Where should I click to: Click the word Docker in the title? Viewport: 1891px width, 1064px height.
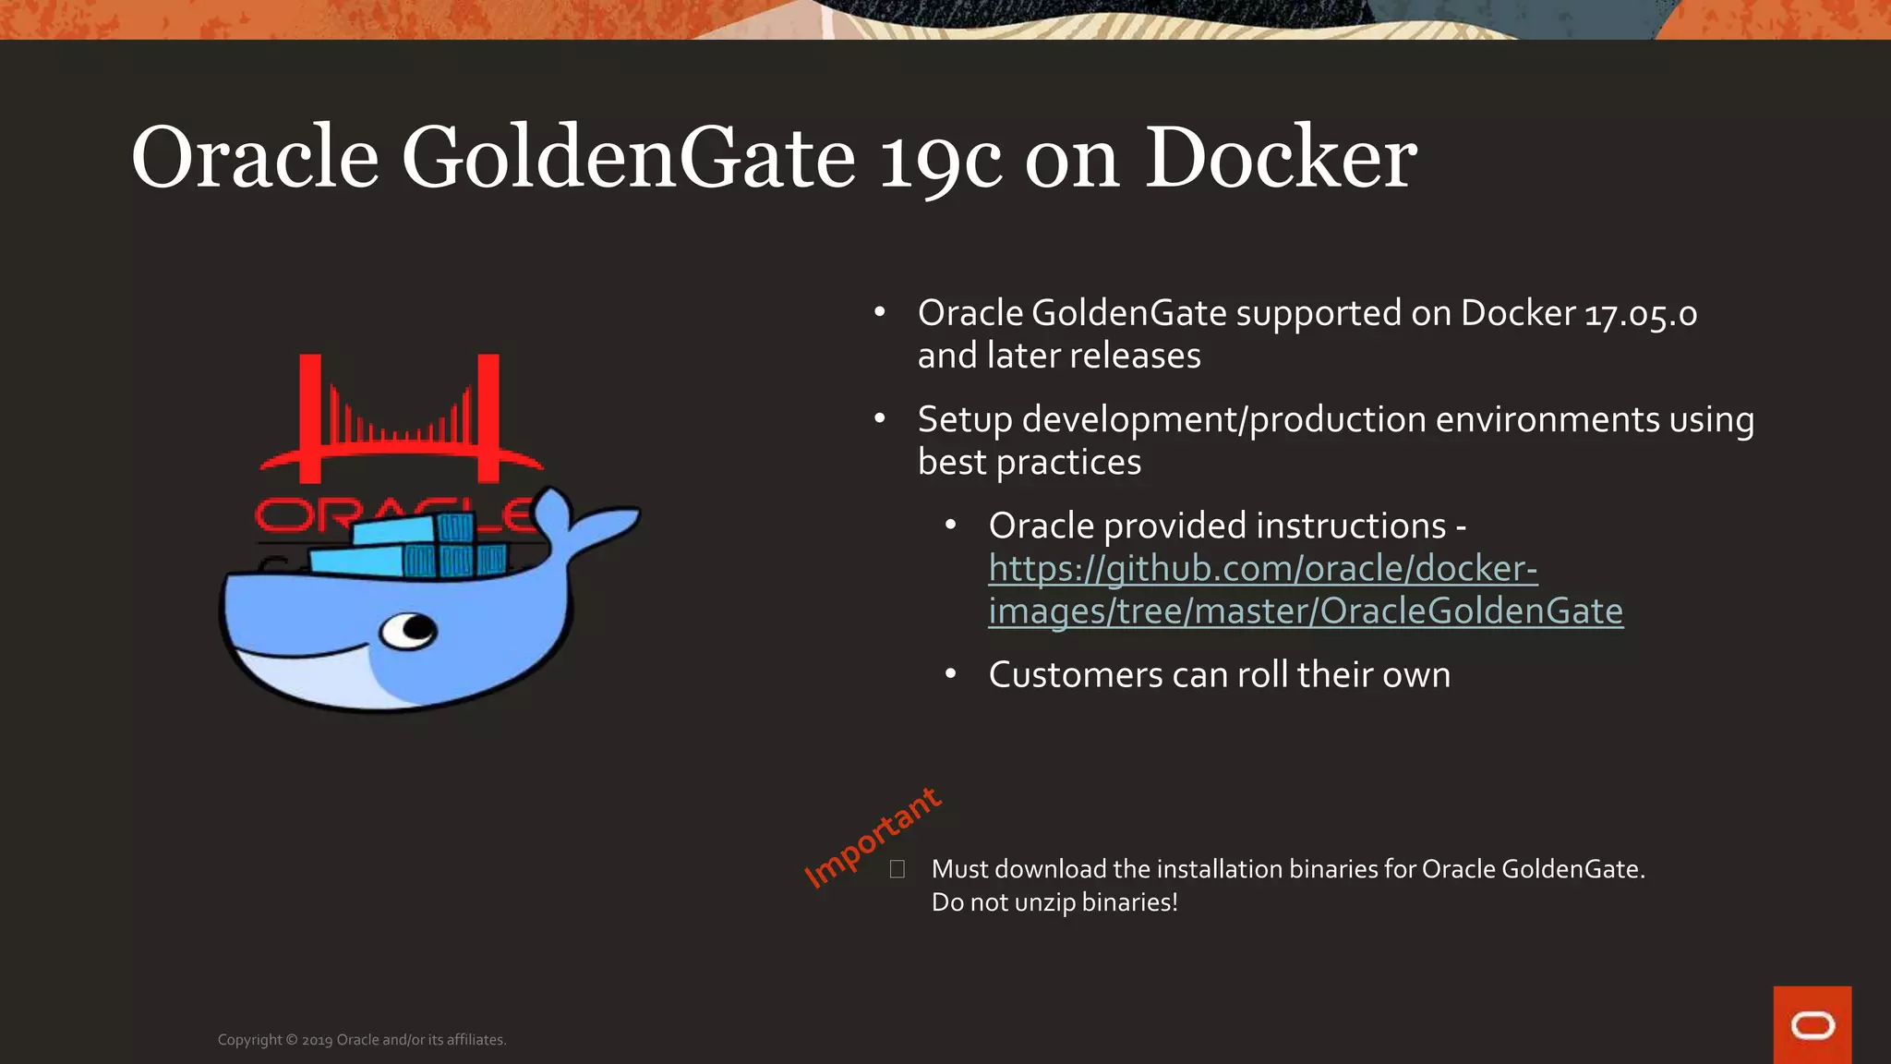[1280, 159]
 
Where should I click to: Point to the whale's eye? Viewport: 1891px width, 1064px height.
[411, 631]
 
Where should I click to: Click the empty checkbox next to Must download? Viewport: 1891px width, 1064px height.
[897, 869]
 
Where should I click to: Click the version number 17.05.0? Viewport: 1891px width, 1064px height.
[1641, 314]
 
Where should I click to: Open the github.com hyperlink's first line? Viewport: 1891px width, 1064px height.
[1262, 569]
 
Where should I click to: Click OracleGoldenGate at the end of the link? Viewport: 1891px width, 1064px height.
[1471, 611]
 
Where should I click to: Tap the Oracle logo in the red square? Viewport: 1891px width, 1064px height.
[1812, 1025]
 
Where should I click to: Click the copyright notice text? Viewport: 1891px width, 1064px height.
[362, 1040]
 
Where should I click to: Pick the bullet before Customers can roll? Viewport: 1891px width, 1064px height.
[951, 674]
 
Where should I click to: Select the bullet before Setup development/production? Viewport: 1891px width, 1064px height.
[880, 419]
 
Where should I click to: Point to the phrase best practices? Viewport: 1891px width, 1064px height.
[1029, 462]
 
